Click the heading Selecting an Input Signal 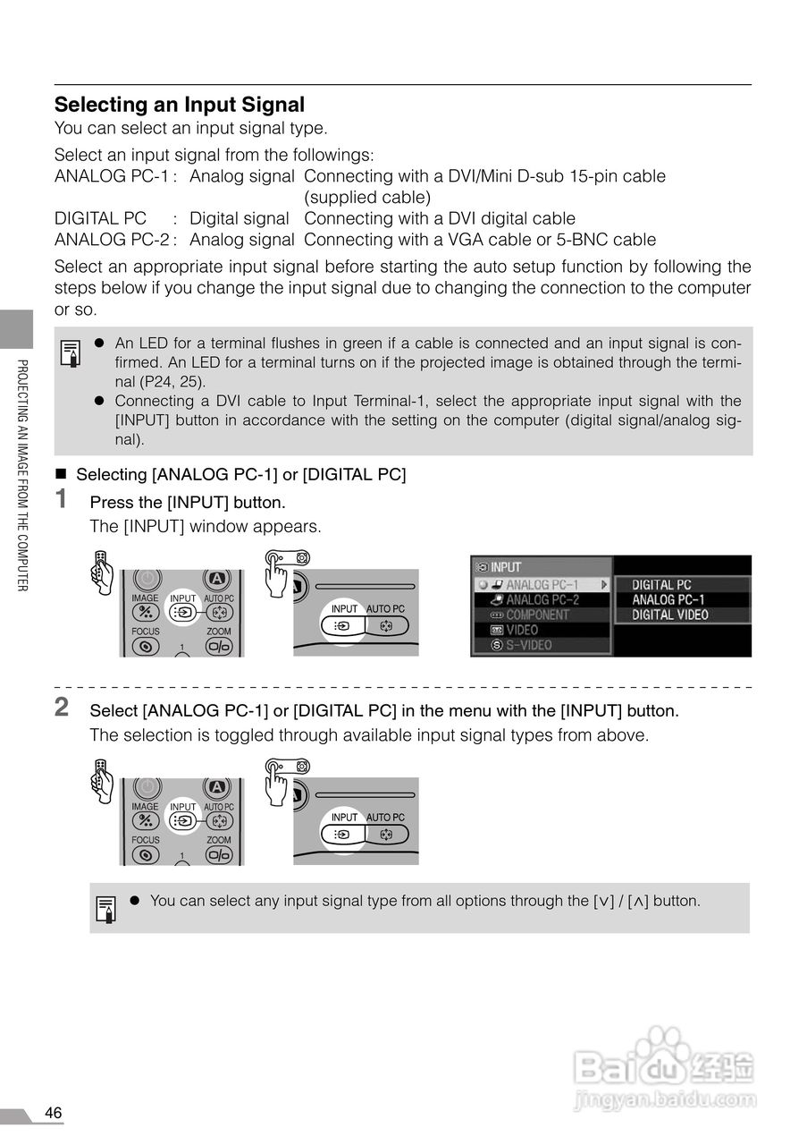click(x=180, y=105)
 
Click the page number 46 click(x=54, y=1113)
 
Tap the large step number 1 click(x=62, y=498)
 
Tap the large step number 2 click(x=62, y=707)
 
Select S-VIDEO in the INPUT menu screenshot click(x=529, y=645)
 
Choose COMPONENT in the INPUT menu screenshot click(x=537, y=615)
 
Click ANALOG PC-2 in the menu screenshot click(x=542, y=600)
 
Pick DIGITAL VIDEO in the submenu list click(x=669, y=615)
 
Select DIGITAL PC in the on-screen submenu click(x=661, y=585)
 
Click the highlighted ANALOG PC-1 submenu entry click(x=668, y=600)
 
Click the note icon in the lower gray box click(x=105, y=909)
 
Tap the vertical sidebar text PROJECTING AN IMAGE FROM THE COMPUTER click(x=23, y=474)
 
